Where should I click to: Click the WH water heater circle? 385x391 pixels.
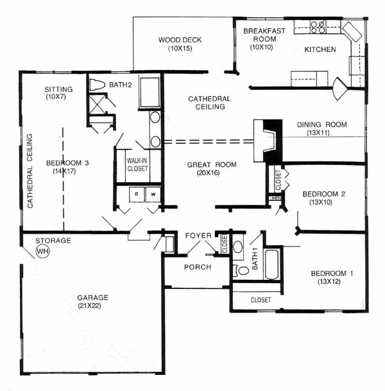coord(43,251)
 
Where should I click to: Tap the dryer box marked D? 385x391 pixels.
coord(137,195)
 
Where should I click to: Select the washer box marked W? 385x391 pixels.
coord(153,195)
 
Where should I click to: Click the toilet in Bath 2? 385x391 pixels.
coord(97,85)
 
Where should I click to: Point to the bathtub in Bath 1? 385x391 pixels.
coord(271,265)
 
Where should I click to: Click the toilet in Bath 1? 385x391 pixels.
coord(241,270)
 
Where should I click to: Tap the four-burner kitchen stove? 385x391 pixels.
coord(318,27)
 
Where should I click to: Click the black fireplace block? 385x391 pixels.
coord(273,142)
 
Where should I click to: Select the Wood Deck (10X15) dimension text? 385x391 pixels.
coord(180,48)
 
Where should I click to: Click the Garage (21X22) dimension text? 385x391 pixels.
coord(89,306)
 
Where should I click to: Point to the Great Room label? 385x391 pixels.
coord(212,164)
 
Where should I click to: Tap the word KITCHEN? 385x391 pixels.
coord(320,49)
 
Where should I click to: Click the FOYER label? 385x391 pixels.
coord(198,236)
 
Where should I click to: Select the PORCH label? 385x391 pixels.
coord(198,267)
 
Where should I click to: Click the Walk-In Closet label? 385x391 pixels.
coord(137,164)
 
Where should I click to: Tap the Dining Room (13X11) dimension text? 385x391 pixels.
coord(318,133)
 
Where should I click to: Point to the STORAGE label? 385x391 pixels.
coord(53,241)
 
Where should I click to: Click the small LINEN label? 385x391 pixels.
coord(275,198)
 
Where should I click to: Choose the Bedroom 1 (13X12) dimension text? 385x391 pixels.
coord(329,281)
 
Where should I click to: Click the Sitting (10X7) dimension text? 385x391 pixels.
coord(56,97)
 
